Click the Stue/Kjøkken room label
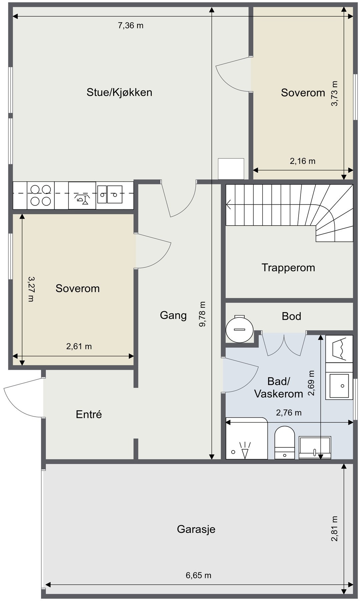pos(119,92)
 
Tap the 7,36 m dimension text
pos(131,25)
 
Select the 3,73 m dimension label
pos(334,93)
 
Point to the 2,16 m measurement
pos(302,161)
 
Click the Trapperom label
pos(288,268)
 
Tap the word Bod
pos(291,316)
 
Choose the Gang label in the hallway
pos(173,316)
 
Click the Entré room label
pos(89,414)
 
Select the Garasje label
pos(196,529)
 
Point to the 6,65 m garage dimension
pos(199,575)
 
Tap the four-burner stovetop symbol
pos(40,195)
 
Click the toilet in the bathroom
pos(284,442)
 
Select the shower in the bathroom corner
pos(247,438)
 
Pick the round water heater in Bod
pos(239,329)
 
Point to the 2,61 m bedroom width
pos(79,346)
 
